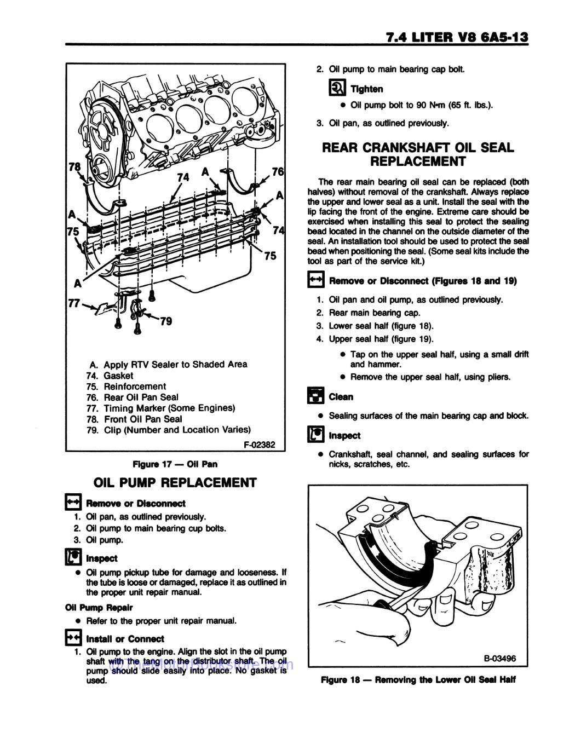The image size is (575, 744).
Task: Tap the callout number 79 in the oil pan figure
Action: tap(165, 321)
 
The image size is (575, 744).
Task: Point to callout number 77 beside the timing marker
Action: tap(74, 302)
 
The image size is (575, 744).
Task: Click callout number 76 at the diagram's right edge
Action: tap(278, 172)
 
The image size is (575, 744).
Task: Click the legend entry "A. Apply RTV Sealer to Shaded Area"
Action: tap(168, 365)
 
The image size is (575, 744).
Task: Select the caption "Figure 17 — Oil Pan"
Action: tap(175, 464)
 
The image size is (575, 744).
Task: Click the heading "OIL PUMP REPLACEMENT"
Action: tap(175, 483)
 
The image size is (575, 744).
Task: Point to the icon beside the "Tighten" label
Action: tap(337, 88)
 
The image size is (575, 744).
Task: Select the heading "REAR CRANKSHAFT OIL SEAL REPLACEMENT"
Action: tap(418, 154)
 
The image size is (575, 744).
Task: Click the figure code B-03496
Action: tap(499, 659)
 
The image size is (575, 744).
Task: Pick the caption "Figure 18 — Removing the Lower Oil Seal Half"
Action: tap(418, 680)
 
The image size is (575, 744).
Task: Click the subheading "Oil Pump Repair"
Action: tap(99, 608)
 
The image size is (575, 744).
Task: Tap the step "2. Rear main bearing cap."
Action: tap(368, 313)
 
